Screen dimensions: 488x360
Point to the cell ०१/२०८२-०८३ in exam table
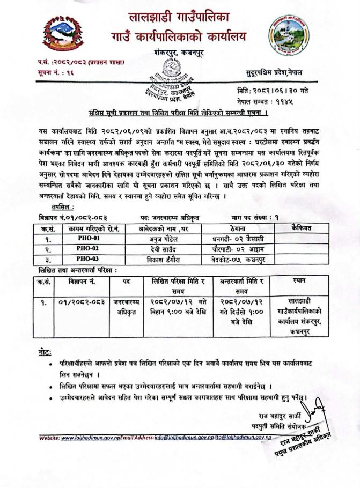tap(81, 302)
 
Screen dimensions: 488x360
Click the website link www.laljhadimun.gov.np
tap(101, 438)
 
